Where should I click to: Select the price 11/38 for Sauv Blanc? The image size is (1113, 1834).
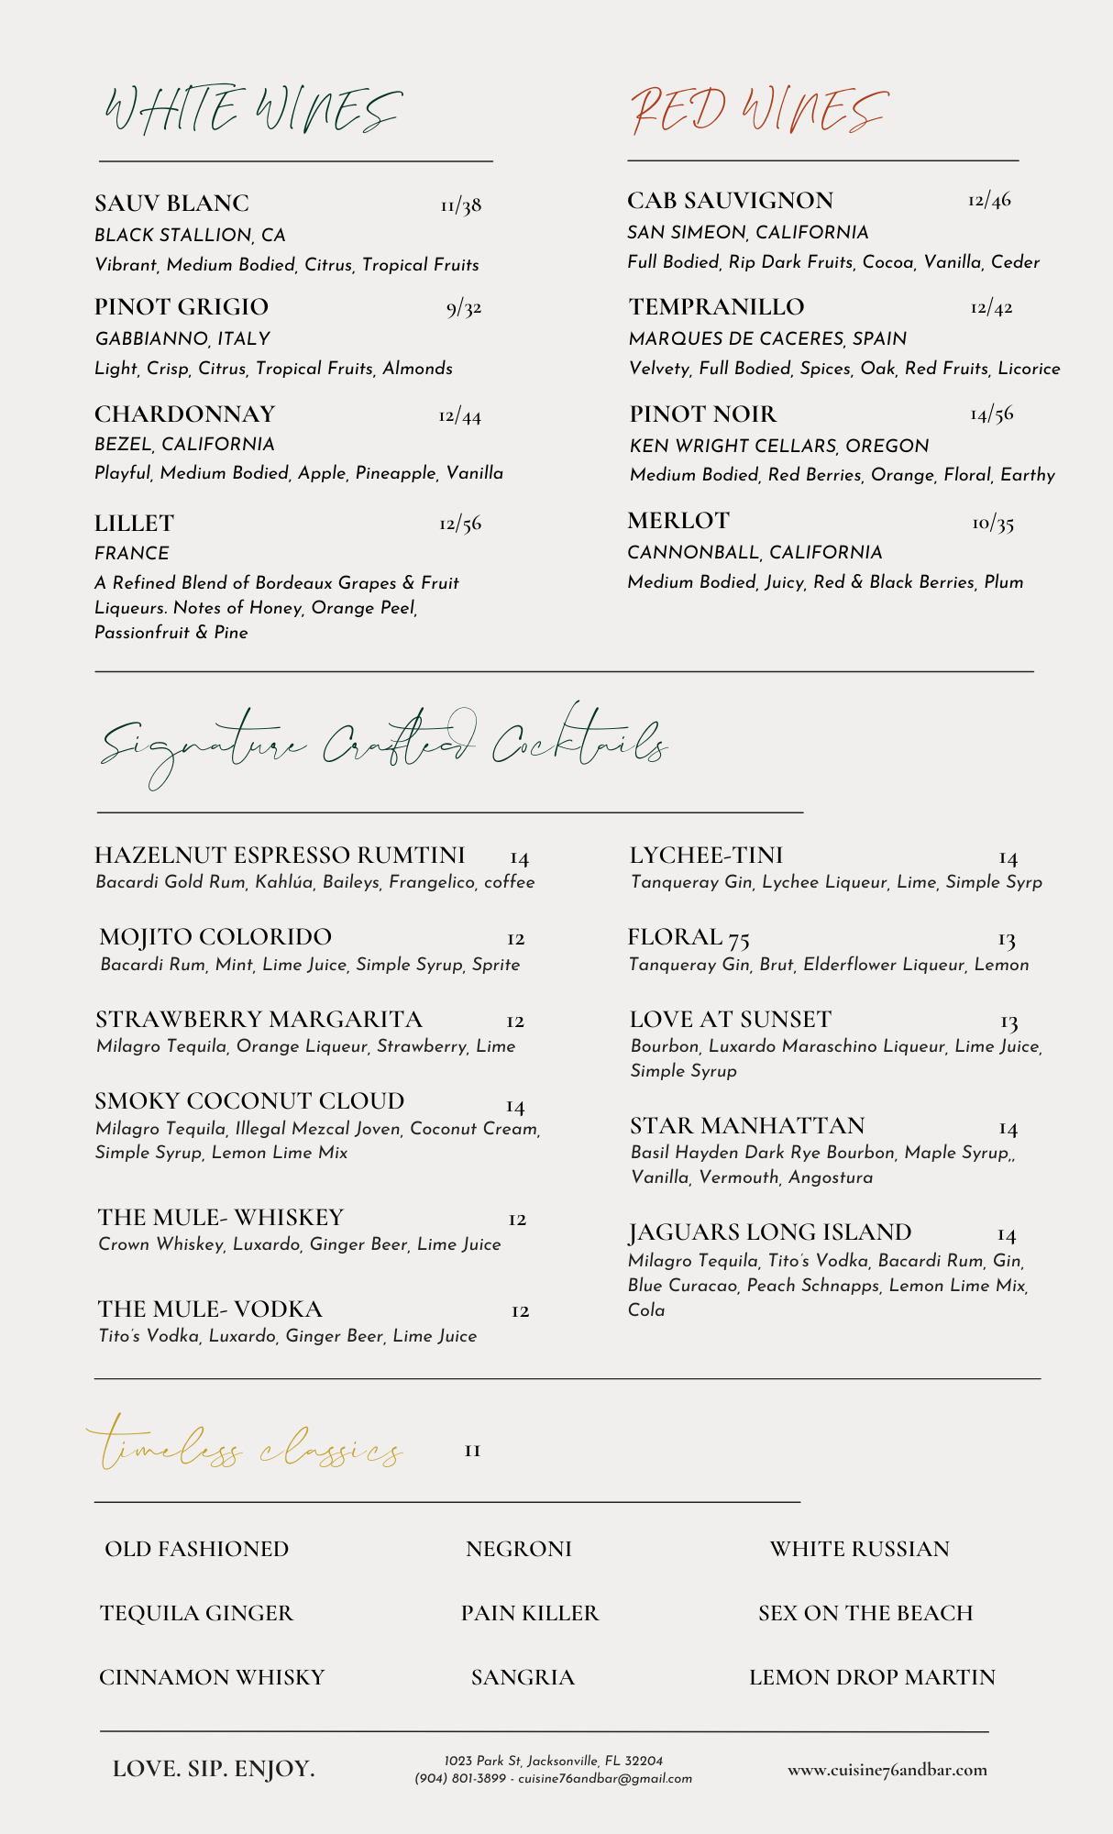pos(460,204)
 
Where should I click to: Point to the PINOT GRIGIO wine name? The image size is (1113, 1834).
pos(182,306)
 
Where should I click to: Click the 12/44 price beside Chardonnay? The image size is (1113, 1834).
pos(459,416)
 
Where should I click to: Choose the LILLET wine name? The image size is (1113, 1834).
pos(134,523)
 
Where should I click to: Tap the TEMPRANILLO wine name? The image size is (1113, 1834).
pos(716,306)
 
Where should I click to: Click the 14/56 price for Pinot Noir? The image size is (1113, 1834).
pos(991,414)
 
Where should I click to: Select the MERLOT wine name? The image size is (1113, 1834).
pos(678,521)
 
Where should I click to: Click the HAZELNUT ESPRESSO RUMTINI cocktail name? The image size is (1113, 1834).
pos(280,855)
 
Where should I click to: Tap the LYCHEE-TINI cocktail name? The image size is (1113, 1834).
pos(706,855)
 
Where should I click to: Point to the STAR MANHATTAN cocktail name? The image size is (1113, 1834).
pos(747,1125)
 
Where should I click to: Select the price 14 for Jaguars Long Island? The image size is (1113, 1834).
pos(1007,1235)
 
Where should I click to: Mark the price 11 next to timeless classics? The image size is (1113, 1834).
pos(472,1451)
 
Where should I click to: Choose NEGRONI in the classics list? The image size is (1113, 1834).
pos(518,1549)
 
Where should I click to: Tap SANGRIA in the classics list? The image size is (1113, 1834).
pos(523,1677)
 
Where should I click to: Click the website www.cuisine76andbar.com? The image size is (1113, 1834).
pos(887,1770)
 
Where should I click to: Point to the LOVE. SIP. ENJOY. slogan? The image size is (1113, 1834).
pos(214,1769)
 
